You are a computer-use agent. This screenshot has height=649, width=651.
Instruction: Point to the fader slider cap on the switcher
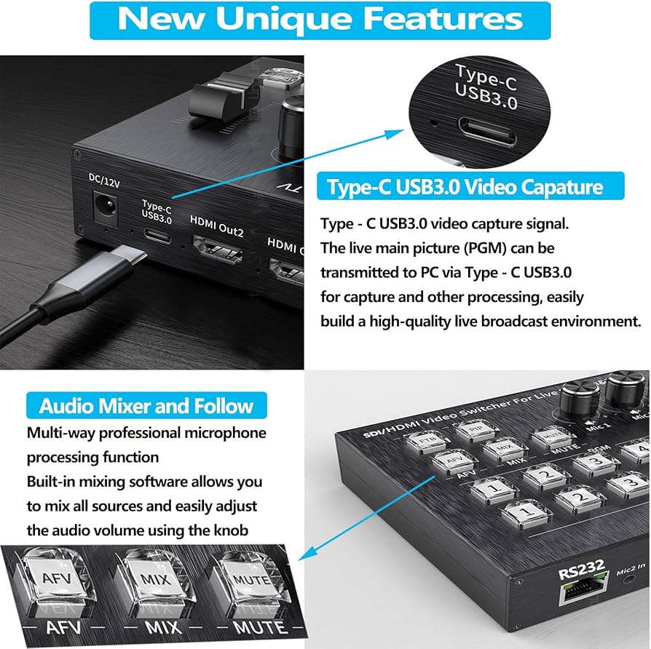pyautogui.click(x=224, y=97)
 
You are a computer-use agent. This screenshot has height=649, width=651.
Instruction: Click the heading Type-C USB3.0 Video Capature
pyautogui.click(x=465, y=187)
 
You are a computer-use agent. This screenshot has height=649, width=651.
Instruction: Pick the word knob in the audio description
pyautogui.click(x=229, y=530)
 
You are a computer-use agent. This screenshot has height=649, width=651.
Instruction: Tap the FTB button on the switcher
pyautogui.click(x=425, y=441)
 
